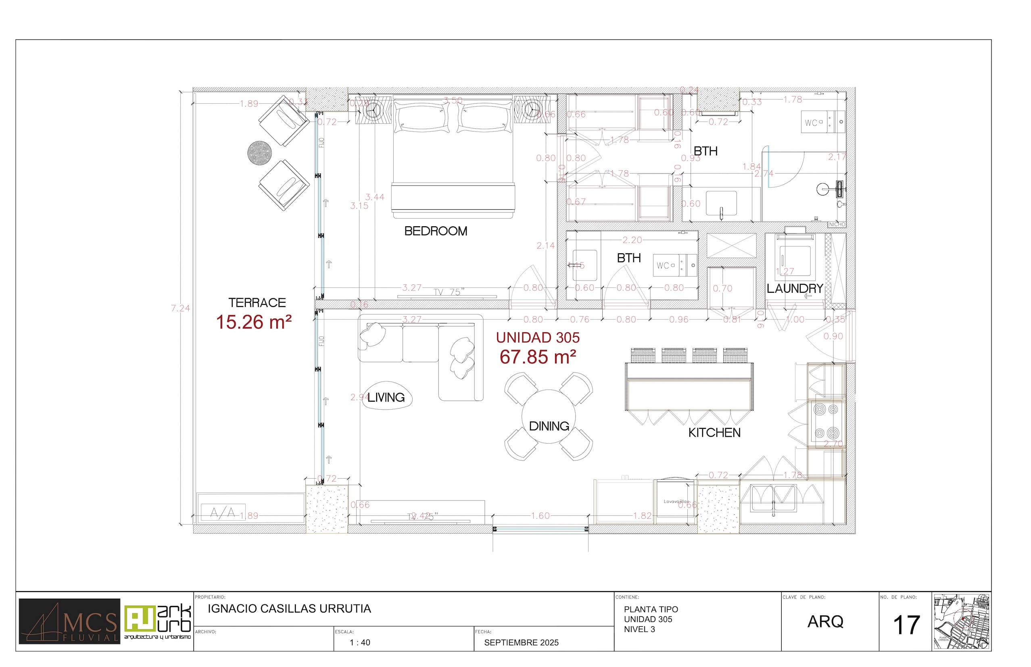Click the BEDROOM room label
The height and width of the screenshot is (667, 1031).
(435, 231)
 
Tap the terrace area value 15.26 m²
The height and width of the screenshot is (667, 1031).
(254, 322)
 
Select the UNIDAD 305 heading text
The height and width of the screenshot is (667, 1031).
(538, 338)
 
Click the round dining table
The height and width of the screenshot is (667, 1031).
(549, 416)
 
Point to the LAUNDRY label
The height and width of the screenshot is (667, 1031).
(795, 288)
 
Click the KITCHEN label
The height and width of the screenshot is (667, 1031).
(714, 433)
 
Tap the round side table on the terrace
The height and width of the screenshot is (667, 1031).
(259, 153)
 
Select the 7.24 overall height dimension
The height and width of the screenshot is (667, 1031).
(180, 308)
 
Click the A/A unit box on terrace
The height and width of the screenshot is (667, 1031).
(223, 513)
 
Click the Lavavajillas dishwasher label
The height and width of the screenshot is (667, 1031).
(676, 502)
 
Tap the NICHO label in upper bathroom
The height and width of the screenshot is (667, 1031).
(837, 224)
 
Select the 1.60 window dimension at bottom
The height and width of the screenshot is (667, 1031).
(540, 516)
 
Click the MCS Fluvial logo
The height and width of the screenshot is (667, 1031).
(69, 621)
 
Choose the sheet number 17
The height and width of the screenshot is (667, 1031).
(906, 625)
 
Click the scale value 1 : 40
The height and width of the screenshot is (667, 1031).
(359, 643)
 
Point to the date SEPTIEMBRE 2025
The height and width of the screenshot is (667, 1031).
(521, 643)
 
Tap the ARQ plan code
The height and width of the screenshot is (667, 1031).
(825, 622)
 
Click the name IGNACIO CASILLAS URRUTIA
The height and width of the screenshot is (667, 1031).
(289, 609)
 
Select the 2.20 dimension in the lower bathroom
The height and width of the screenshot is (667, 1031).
(632, 240)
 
